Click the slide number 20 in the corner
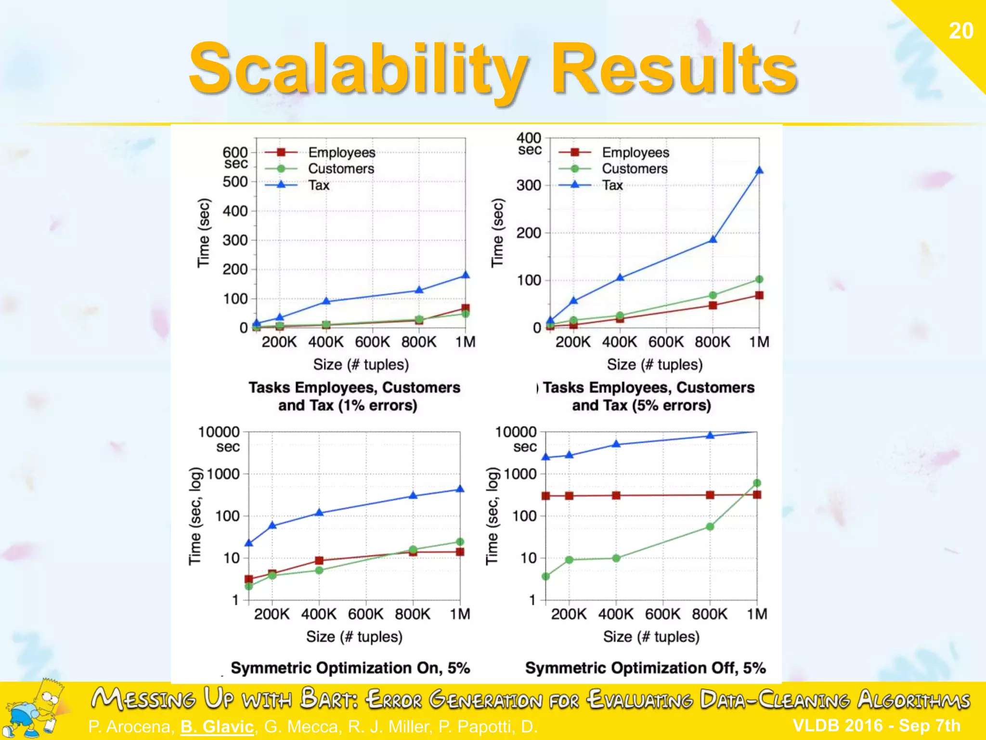click(x=960, y=31)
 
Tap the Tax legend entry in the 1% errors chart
click(x=319, y=185)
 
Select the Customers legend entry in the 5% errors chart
click(x=635, y=169)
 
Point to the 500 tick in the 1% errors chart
click(x=235, y=182)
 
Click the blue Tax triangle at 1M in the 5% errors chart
click(x=759, y=171)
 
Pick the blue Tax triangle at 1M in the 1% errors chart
click(x=465, y=275)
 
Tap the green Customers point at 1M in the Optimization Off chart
click(x=757, y=483)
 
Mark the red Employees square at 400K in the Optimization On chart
click(x=319, y=560)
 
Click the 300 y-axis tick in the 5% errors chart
click(x=529, y=185)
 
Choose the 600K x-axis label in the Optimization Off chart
click(x=663, y=614)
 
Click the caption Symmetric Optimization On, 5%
click(x=350, y=668)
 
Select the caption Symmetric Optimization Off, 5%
click(x=645, y=668)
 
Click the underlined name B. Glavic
click(x=217, y=727)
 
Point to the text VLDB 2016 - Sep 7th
click(x=876, y=725)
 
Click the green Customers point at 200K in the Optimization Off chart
click(x=569, y=560)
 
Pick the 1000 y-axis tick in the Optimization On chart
click(x=223, y=474)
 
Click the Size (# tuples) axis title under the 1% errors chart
click(x=361, y=364)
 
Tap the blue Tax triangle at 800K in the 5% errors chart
click(x=713, y=239)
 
